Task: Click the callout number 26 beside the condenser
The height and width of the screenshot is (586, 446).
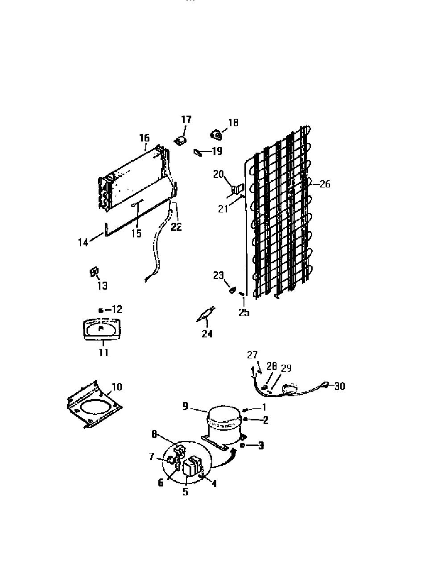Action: [x=325, y=184]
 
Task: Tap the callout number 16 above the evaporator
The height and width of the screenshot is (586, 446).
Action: [x=145, y=138]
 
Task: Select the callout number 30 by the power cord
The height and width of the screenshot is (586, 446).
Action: [x=339, y=387]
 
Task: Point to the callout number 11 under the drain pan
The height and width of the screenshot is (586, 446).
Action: [x=103, y=353]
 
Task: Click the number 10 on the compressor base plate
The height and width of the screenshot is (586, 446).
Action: [x=117, y=387]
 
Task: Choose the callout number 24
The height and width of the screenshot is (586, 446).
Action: [x=207, y=333]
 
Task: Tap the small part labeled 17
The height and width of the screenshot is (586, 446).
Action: [x=182, y=140]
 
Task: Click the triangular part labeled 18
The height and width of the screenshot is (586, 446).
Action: [x=216, y=135]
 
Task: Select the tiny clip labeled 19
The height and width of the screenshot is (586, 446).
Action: [x=198, y=153]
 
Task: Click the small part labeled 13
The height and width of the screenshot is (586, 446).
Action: [x=94, y=272]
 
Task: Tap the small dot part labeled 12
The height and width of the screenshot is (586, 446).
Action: [x=101, y=311]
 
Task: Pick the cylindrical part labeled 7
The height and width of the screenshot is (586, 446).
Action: [x=171, y=460]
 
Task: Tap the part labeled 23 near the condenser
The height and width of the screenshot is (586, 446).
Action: [x=232, y=290]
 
